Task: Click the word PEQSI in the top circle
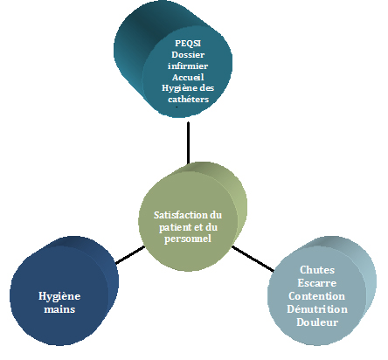point(188,44)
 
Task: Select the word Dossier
point(188,55)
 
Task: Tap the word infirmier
point(188,66)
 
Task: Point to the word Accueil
point(188,77)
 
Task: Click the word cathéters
point(189,100)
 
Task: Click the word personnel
point(188,239)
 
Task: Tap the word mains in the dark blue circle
point(59,309)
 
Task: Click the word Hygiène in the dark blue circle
point(59,296)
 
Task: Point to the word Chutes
point(317,270)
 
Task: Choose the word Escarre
point(317,283)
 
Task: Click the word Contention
point(317,296)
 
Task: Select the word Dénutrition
point(317,309)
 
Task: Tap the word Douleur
point(317,322)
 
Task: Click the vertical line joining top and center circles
point(188,142)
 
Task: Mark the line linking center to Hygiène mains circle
point(130,255)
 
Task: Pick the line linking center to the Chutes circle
point(253,259)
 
